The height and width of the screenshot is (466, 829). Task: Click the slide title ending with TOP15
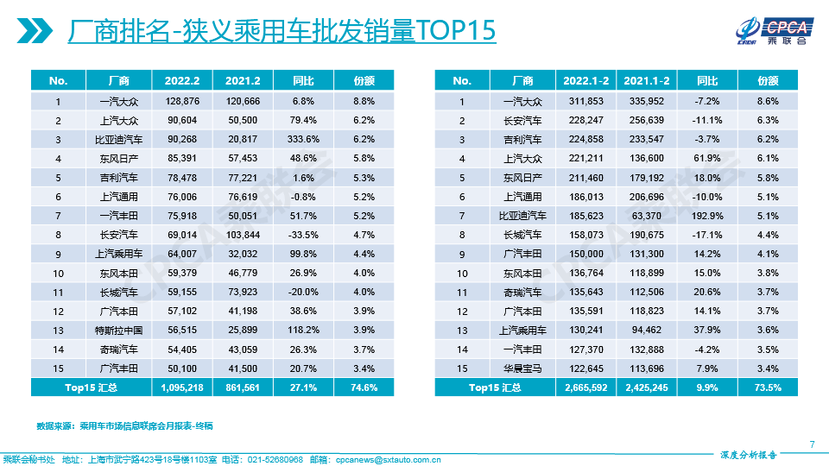(x=282, y=31)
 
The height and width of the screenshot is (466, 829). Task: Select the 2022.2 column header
(x=181, y=80)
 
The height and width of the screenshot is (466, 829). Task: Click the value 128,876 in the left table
(x=181, y=102)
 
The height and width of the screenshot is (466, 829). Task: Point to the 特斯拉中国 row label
(x=119, y=331)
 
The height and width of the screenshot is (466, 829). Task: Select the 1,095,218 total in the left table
(x=181, y=387)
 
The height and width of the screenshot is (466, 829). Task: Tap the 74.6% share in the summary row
(x=364, y=387)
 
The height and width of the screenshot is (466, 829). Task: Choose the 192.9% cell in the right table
(x=707, y=216)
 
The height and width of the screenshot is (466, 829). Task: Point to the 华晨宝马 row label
(x=523, y=368)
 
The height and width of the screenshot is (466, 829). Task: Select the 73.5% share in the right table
(x=768, y=387)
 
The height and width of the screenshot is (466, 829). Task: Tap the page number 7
(x=812, y=444)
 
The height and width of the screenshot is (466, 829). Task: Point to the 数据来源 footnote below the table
(x=124, y=426)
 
